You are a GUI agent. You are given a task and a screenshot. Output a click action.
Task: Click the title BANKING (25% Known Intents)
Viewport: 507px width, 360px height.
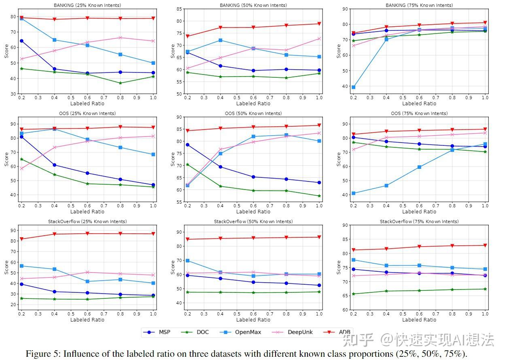(87, 5)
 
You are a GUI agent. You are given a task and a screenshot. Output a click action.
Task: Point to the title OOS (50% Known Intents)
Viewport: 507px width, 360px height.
(253, 113)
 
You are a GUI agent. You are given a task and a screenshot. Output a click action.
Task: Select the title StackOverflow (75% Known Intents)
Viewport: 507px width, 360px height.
(419, 222)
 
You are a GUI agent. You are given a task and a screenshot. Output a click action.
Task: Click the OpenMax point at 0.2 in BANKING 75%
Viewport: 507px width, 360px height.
(353, 87)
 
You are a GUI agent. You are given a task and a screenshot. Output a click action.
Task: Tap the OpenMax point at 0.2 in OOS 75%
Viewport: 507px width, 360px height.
(353, 193)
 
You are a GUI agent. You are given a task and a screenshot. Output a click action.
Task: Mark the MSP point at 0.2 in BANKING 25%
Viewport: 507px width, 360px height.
(21, 41)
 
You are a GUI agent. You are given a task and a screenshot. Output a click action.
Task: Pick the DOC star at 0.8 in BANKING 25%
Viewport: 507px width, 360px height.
(120, 83)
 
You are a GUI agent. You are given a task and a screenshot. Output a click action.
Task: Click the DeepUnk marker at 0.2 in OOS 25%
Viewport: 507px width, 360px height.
(21, 168)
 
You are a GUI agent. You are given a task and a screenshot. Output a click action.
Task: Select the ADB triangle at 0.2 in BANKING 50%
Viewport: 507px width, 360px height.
(187, 36)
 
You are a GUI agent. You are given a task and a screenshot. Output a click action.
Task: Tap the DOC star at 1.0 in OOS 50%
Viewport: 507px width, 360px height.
(319, 196)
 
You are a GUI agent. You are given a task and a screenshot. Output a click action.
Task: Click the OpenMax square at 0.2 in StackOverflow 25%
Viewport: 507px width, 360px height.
(21, 266)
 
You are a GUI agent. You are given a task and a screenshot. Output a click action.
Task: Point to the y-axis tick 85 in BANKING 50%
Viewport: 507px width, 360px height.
(178, 9)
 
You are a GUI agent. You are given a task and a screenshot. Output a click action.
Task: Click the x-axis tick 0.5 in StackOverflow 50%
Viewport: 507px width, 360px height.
(237, 313)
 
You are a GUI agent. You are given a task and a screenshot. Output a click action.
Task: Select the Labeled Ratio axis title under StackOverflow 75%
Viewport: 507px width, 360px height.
(419, 320)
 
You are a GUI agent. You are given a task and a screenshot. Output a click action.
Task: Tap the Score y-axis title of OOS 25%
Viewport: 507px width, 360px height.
(6, 159)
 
